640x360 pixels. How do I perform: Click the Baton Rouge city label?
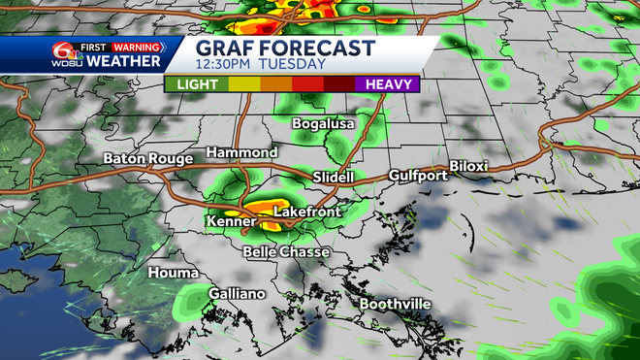click(146, 158)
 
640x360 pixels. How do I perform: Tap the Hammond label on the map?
click(242, 153)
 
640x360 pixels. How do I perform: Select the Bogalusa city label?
click(324, 124)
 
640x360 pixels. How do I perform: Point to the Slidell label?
click(334, 177)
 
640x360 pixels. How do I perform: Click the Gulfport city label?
click(418, 176)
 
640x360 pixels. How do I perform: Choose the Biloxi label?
click(468, 167)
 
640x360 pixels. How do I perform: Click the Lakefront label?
click(304, 211)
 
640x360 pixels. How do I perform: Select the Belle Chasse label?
click(287, 252)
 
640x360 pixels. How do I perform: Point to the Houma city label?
click(170, 274)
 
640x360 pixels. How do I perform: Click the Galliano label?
click(237, 293)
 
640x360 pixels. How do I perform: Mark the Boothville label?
click(396, 304)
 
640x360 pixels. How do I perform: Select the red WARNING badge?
click(136, 45)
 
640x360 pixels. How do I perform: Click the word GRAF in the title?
click(226, 49)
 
